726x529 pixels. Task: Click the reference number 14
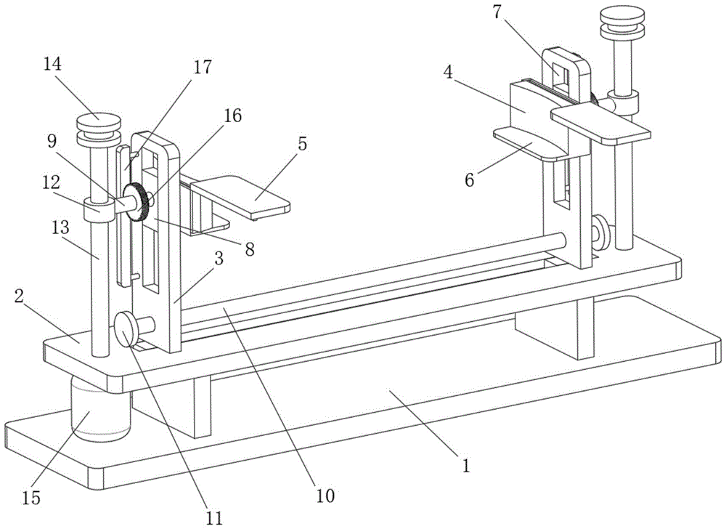[52, 64]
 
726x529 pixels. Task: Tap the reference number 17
[203, 67]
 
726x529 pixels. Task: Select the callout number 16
[232, 116]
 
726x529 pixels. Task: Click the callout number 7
[497, 12]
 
